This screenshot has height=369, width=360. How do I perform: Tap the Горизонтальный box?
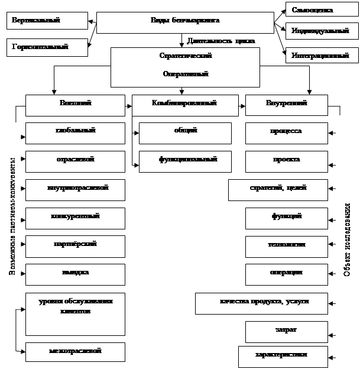46,46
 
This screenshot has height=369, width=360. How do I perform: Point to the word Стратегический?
185,56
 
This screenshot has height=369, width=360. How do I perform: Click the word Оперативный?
185,75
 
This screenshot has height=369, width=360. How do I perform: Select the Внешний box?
75,105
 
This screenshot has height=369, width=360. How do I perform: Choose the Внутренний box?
286,105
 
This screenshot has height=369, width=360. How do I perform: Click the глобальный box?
75,131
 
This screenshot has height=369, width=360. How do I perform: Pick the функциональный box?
185,160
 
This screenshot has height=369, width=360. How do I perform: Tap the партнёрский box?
75,245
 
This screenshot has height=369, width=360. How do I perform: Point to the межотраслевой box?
75,351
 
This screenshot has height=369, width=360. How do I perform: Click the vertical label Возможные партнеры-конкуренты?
12,216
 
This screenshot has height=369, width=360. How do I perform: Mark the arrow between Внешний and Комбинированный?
128,107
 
